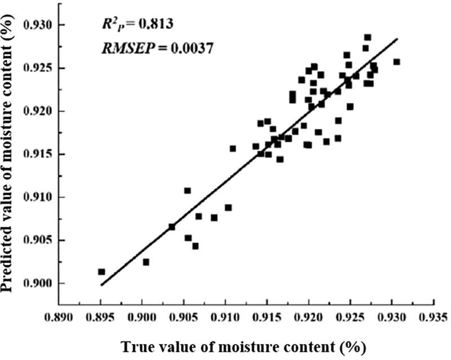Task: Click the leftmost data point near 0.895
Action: [x=101, y=271]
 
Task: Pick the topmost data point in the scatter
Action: [x=368, y=37]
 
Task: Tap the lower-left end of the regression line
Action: [x=101, y=285]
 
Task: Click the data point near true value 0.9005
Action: [x=146, y=262]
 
